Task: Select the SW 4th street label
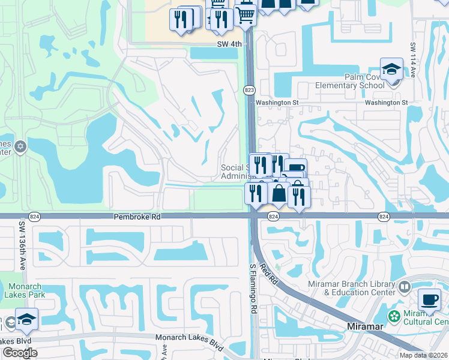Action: coord(230,44)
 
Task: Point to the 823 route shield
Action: coord(249,90)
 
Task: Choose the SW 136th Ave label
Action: coord(21,243)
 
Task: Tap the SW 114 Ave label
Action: coord(413,60)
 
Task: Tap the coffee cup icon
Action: coord(429,299)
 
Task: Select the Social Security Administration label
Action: coord(235,172)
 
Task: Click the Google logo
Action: coord(19,352)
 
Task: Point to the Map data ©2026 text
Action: coord(424,355)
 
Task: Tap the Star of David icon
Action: coord(20,146)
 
